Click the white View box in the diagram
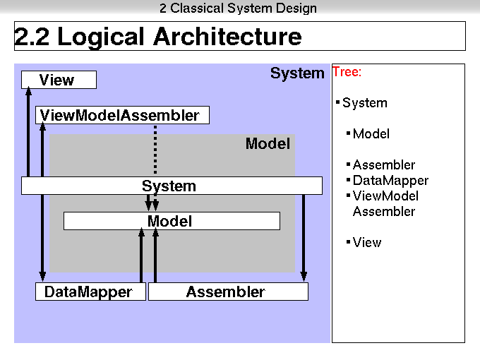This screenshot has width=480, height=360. pos(59,80)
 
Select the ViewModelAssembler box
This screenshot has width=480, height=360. pos(122,115)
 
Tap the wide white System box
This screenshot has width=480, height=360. pos(172,186)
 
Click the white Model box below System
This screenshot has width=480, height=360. pos(172,221)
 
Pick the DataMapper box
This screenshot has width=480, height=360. pos(90,292)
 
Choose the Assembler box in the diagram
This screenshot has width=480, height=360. pos(229,292)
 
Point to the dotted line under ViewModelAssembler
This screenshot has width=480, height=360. pos(155,150)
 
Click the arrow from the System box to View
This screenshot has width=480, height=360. pos(28,131)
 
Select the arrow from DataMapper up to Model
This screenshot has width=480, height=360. pos(141,255)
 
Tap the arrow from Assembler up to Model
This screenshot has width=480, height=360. pos(155,255)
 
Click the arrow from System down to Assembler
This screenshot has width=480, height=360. pos(304,238)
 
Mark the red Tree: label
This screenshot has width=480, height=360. pos(347,72)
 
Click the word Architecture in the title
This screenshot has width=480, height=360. pos(227,37)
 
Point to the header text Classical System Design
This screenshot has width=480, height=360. pos(244,8)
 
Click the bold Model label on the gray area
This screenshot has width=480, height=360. pos(268,143)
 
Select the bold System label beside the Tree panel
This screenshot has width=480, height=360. pos(297,73)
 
